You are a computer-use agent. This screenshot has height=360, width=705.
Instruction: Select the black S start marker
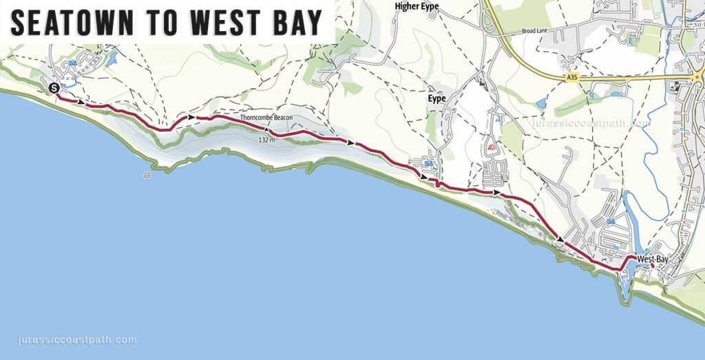54,87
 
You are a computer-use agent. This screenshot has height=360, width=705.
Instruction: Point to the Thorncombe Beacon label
266,118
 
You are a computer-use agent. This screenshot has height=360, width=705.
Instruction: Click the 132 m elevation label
266,140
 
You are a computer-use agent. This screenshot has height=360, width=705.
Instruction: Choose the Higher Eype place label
417,6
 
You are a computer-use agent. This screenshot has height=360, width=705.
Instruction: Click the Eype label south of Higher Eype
436,98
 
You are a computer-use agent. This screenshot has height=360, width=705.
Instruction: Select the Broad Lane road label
534,31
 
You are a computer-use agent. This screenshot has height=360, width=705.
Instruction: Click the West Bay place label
653,259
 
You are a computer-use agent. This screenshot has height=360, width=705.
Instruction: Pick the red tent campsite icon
492,147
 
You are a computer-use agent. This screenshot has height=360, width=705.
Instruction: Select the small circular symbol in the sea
147,176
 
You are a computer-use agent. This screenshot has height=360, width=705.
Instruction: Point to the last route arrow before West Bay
561,239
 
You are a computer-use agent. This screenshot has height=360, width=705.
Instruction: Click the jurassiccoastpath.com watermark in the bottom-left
75,340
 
